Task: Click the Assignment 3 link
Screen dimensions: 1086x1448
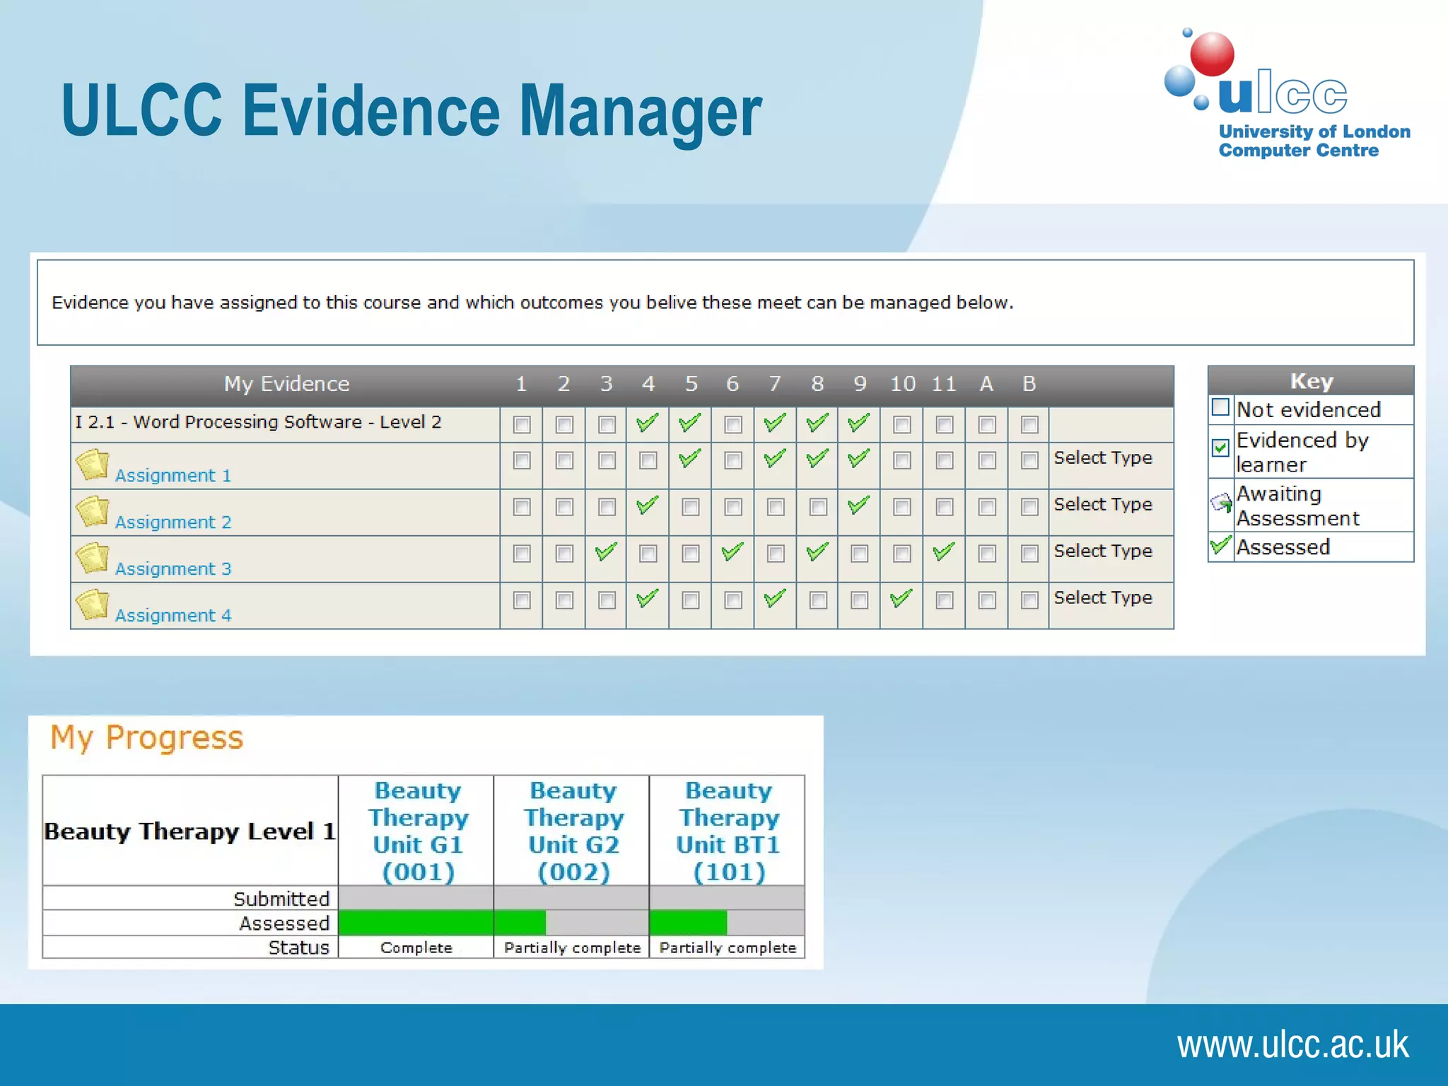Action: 173,568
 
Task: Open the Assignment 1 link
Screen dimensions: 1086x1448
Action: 173,475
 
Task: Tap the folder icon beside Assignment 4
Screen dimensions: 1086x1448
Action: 93,605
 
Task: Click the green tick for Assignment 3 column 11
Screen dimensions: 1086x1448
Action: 944,551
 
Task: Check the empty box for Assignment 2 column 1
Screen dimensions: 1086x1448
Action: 522,507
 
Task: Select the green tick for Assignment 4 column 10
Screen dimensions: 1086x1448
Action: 901,598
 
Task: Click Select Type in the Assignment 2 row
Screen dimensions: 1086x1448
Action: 1102,504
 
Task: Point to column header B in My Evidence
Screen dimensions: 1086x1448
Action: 1029,384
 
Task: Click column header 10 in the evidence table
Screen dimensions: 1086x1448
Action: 902,384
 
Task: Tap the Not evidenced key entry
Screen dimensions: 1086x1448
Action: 1308,409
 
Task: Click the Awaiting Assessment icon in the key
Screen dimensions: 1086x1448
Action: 1221,503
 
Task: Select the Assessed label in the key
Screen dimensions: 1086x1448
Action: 1283,547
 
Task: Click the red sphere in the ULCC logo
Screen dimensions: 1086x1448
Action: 1212,54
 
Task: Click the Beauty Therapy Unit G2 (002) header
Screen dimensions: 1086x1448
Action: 573,830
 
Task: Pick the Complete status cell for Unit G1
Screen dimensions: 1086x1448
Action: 416,947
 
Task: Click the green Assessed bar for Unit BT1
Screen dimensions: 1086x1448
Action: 688,923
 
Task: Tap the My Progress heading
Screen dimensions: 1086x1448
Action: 147,737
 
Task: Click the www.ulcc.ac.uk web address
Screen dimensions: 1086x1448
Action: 1292,1044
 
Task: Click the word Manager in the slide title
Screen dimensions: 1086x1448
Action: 641,111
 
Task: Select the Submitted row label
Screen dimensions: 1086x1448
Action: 281,899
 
